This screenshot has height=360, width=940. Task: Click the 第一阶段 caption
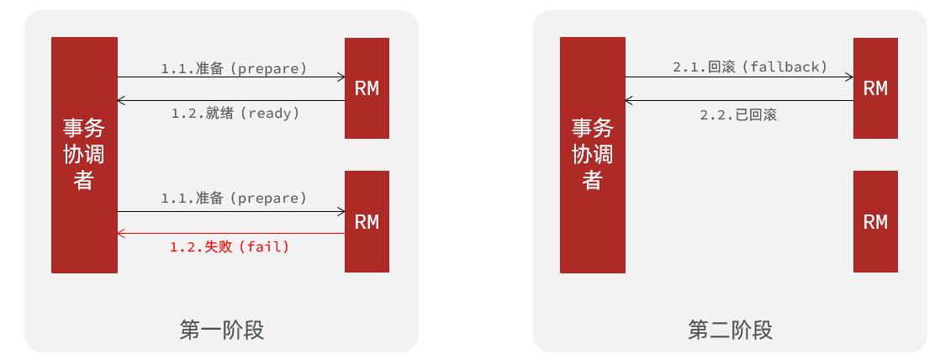[222, 330]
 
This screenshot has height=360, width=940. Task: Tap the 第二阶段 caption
[730, 330]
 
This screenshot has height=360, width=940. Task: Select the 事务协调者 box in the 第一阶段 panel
[84, 155]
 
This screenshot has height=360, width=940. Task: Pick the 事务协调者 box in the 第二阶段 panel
[593, 155]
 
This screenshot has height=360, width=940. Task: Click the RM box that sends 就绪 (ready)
[367, 88]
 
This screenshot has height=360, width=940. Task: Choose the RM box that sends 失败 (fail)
[367, 221]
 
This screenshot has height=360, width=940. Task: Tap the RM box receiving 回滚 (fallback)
[875, 88]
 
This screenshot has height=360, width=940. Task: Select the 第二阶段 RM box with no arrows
[875, 221]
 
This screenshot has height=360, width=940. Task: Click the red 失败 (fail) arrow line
[231, 233]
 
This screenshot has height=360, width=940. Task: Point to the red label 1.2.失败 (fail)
[230, 247]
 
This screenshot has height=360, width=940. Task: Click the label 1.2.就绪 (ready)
[235, 113]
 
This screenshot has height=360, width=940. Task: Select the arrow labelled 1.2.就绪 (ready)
[231, 101]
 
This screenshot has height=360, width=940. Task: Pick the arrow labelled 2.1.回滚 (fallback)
[739, 77]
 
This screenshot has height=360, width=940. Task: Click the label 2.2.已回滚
[738, 115]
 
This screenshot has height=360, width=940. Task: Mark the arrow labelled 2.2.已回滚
[739, 101]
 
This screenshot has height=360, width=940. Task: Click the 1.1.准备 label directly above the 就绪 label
[234, 68]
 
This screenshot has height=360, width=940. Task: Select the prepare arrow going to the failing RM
[231, 211]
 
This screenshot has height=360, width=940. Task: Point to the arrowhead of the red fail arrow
[121, 233]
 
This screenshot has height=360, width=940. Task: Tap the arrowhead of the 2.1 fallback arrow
[849, 77]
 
